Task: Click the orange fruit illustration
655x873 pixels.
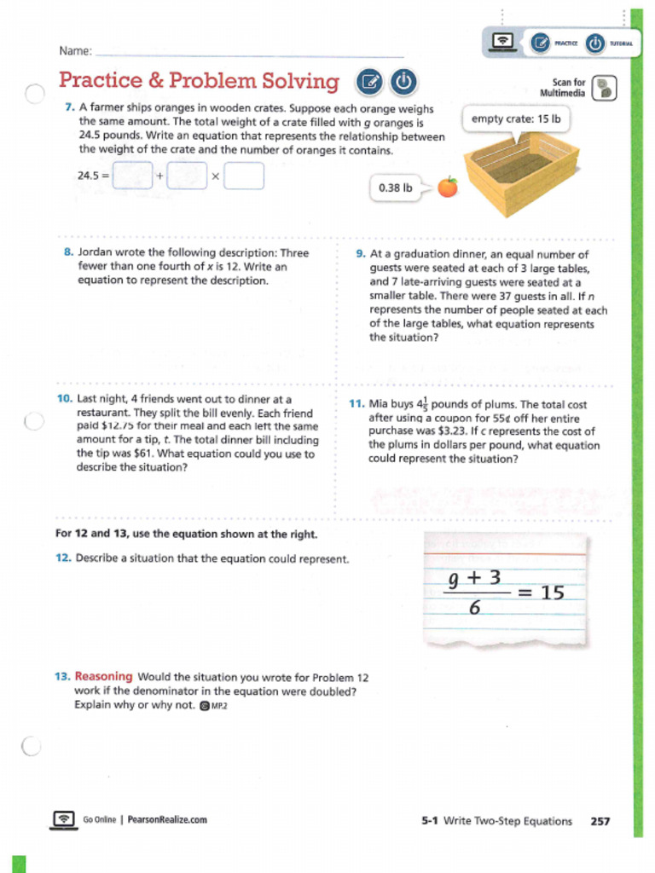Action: [447, 187]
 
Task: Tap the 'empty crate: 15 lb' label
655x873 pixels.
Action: [516, 119]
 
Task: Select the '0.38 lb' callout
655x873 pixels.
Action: [395, 188]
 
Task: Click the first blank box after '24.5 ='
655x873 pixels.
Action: [133, 176]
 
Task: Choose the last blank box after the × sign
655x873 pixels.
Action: [245, 176]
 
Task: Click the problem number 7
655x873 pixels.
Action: [69, 108]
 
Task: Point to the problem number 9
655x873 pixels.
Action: [361, 254]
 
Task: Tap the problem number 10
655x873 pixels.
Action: [64, 399]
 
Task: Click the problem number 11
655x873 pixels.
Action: [357, 404]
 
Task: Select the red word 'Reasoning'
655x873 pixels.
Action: [103, 677]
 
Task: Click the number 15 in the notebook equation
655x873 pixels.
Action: [553, 592]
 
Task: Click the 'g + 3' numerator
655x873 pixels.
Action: [474, 578]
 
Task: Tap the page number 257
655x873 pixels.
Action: [600, 821]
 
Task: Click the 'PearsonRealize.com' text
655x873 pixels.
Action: [167, 820]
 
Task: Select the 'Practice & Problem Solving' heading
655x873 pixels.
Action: [199, 81]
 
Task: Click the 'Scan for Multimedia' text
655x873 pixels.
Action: [563, 88]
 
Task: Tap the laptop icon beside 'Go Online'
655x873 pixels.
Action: [64, 819]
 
